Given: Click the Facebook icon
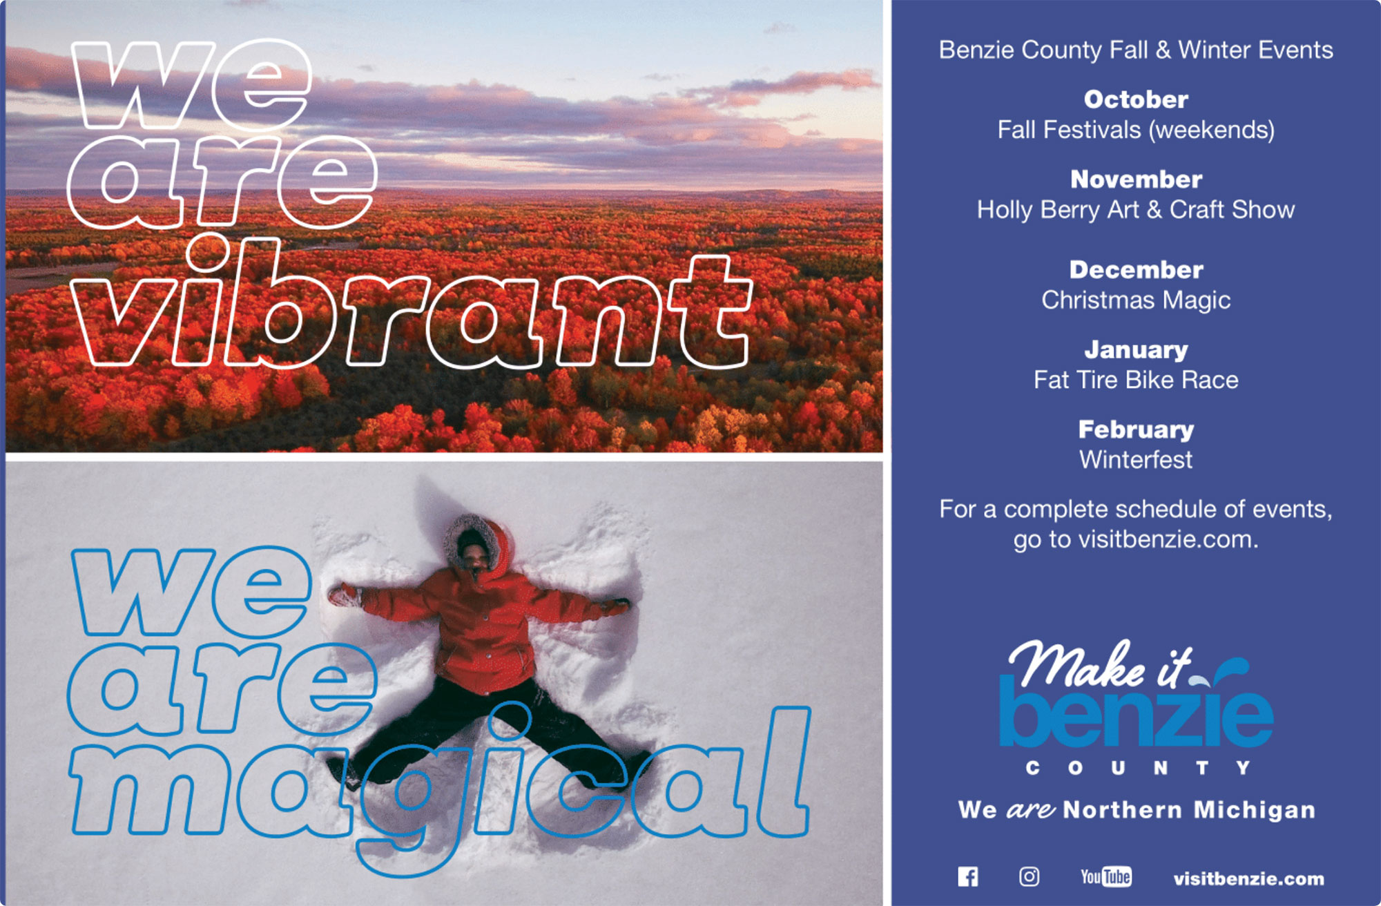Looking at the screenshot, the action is tap(968, 877).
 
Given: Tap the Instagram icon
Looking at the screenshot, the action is tap(1029, 876).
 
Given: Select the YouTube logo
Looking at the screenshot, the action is tap(1106, 876).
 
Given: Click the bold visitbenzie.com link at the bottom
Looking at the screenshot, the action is tap(1248, 878).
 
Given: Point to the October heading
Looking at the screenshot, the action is tap(1136, 99).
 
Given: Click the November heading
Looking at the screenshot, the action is tap(1136, 180).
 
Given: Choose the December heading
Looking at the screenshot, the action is tap(1136, 270).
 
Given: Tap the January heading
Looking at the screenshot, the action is tap(1136, 350).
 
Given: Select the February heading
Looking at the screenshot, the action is tap(1136, 430).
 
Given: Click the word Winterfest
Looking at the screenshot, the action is tap(1136, 460).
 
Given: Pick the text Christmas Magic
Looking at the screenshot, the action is tap(1136, 300).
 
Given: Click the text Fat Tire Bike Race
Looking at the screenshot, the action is tap(1136, 380).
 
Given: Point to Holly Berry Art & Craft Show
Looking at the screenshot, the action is tap(1136, 210).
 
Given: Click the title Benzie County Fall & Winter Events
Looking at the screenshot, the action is tap(1136, 50).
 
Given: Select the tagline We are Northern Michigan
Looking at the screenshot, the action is tap(1137, 809).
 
